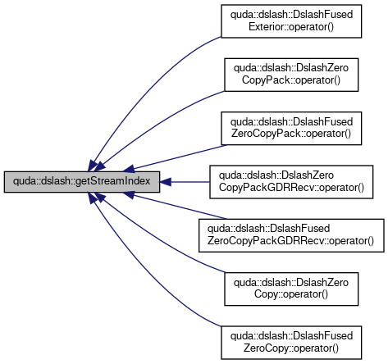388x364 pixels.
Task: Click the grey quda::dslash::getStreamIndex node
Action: pyautogui.click(x=82, y=182)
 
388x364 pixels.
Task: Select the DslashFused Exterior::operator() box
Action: pyautogui.click(x=291, y=21)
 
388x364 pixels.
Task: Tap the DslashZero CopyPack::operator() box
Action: pyautogui.click(x=291, y=75)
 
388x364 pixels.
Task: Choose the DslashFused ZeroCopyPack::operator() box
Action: pyautogui.click(x=291, y=128)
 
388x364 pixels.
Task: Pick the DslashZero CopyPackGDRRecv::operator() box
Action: pyautogui.click(x=291, y=182)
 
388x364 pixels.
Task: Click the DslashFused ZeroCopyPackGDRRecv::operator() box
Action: pyautogui.click(x=291, y=235)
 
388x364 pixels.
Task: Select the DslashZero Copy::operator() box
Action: pyautogui.click(x=291, y=289)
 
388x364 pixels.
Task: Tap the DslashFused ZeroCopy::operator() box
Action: pyautogui.click(x=291, y=343)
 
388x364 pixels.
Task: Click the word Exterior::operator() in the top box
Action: pyautogui.click(x=291, y=27)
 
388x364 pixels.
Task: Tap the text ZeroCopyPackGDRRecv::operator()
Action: pyautogui.click(x=290, y=241)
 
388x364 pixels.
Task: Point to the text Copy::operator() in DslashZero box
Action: pyautogui.click(x=291, y=294)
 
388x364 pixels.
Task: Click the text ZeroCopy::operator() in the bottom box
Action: pyautogui.click(x=291, y=348)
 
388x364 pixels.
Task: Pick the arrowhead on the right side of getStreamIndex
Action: pyautogui.click(x=166, y=182)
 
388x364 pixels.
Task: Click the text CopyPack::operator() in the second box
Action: pyautogui.click(x=291, y=80)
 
